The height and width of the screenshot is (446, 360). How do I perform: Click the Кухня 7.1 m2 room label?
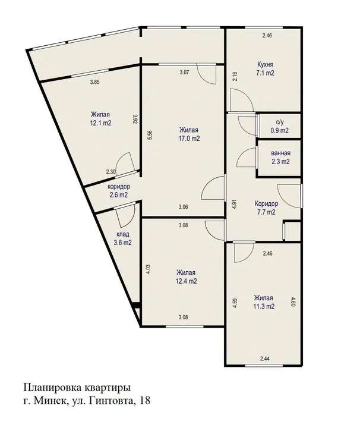pos(265,68)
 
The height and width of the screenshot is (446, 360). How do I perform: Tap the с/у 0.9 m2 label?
pos(279,126)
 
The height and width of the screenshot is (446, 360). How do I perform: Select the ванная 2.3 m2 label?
pos(280,158)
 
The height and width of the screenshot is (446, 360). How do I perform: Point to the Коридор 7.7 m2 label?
pos(266,208)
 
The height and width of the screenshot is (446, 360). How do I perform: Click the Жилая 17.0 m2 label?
pos(190,134)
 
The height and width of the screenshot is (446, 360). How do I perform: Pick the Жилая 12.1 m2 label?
pos(100,118)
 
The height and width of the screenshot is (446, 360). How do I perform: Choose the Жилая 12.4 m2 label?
pos(187,277)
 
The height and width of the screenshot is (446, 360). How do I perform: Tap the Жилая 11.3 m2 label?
pos(264,302)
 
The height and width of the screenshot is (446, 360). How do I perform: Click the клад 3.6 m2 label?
pos(123,238)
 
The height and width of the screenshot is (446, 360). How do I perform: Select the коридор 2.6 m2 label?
pos(118,190)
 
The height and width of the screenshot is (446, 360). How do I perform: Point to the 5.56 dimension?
pos(150,135)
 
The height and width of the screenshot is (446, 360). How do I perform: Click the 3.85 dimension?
pos(95,82)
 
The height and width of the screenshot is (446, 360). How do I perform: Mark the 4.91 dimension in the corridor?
pos(235,205)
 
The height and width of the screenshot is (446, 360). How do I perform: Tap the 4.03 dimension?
pos(149,269)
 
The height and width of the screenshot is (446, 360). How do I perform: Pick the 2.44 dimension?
pos(264,359)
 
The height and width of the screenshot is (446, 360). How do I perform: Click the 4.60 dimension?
pos(293,301)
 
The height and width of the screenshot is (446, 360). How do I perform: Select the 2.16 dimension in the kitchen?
pos(235,77)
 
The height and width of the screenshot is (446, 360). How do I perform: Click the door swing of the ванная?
pos(247,157)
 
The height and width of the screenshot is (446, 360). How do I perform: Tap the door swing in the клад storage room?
pos(125,216)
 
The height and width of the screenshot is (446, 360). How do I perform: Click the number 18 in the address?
pos(144,400)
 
